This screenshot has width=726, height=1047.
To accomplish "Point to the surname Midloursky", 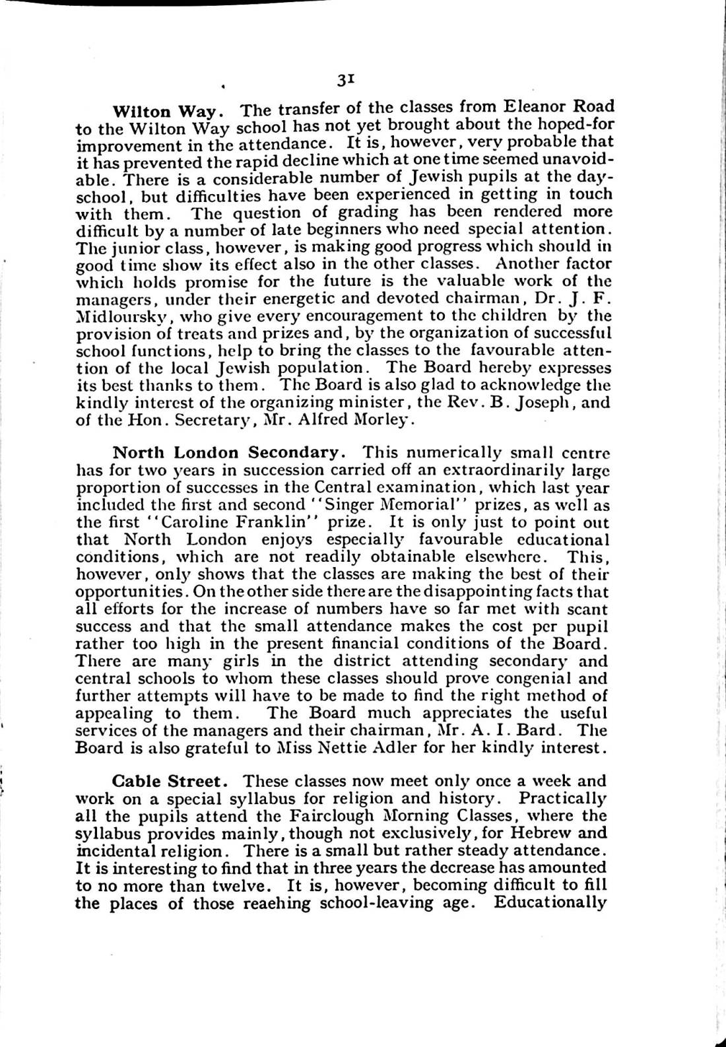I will pos(123,316).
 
